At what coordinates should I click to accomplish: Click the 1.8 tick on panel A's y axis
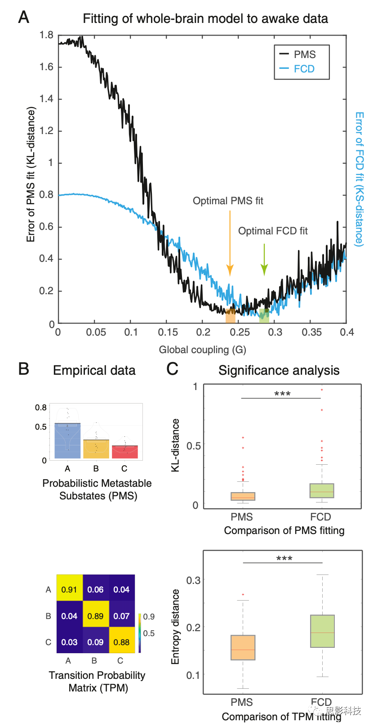tap(46, 35)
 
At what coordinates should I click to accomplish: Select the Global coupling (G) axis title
tap(202, 350)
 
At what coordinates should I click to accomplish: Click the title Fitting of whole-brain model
tap(205, 18)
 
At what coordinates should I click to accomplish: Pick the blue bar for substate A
tap(67, 441)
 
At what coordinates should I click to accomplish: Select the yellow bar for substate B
tap(96, 449)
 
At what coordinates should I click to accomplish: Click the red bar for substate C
tap(124, 452)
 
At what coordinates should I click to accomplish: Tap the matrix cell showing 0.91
tap(69, 589)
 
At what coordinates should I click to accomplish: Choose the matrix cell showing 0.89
tap(95, 616)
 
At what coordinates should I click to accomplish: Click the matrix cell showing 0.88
tap(121, 642)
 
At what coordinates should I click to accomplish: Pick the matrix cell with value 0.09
tap(95, 642)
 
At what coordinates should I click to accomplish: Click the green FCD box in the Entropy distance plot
tap(322, 631)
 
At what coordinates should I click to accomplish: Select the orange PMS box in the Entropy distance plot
tap(243, 647)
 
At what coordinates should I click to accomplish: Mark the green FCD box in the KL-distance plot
tap(322, 490)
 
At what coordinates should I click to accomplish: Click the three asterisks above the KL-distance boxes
tap(282, 394)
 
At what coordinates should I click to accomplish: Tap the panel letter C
tap(172, 369)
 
